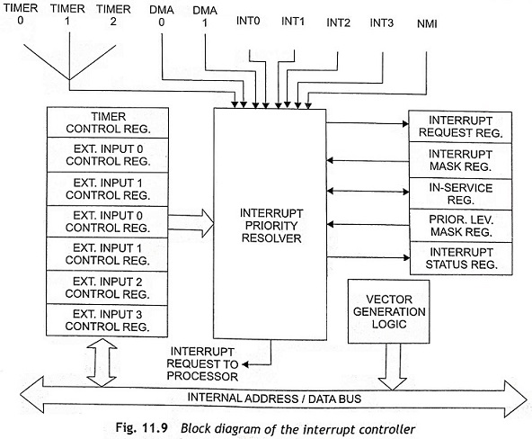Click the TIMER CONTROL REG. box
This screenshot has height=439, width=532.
[x=108, y=122]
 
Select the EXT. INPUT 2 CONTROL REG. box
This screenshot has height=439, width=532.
[x=107, y=288]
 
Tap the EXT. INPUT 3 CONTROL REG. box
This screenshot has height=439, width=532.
[x=107, y=320]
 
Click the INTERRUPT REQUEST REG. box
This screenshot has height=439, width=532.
[x=460, y=127]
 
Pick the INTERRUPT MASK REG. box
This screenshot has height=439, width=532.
[x=460, y=160]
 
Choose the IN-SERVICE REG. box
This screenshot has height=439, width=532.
[x=460, y=194]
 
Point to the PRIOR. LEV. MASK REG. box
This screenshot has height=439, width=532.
[x=461, y=226]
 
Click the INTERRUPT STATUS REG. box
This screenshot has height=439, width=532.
[x=461, y=258]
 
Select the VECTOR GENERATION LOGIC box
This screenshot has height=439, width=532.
[x=389, y=311]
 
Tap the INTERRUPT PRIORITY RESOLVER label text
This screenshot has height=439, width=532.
[x=271, y=226]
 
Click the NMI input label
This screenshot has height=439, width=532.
[x=427, y=23]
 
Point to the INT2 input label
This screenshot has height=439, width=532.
[x=338, y=22]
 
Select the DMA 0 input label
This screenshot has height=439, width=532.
[x=162, y=15]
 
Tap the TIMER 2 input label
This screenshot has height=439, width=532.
[x=113, y=15]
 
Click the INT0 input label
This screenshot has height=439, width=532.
[x=248, y=21]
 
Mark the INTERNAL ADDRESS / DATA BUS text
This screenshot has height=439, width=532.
[x=274, y=399]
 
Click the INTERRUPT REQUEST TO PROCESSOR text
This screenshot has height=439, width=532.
[x=202, y=364]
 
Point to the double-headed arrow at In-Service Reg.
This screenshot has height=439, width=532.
[x=368, y=192]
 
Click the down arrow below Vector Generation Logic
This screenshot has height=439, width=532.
[x=393, y=367]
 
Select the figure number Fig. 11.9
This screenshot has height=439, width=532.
[x=141, y=428]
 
